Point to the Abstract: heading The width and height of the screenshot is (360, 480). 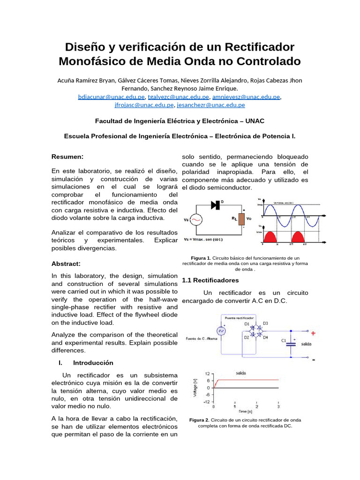pyautogui.click(x=66, y=264)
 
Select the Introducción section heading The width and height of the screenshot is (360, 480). pyautogui.click(x=93, y=363)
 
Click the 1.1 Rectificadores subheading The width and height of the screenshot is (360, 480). pyautogui.click(x=210, y=280)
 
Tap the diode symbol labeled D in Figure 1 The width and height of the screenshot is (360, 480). pyautogui.click(x=216, y=204)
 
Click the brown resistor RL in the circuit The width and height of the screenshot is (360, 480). pyautogui.click(x=241, y=219)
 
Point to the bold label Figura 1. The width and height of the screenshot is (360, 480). pyautogui.click(x=201, y=258)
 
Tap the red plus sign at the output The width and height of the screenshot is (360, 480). pyautogui.click(x=313, y=334)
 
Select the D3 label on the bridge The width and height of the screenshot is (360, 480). pyautogui.click(x=265, y=323)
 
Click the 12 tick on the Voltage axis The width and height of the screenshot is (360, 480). pyautogui.click(x=207, y=374)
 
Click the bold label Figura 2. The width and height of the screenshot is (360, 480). pyautogui.click(x=199, y=420)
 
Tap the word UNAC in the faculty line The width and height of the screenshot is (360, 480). pyautogui.click(x=255, y=121)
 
